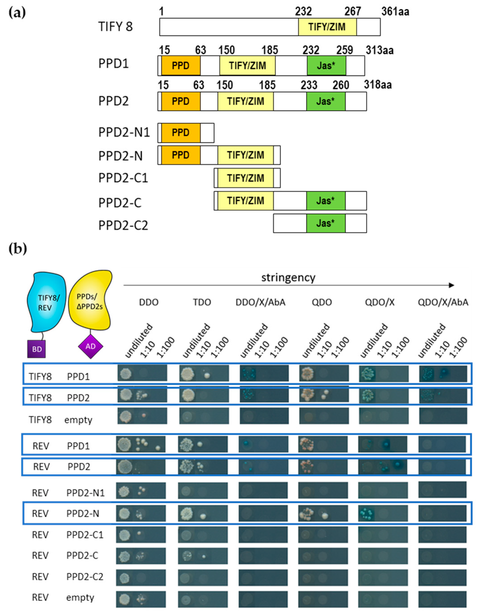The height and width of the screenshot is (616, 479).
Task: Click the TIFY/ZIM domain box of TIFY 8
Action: click(x=327, y=27)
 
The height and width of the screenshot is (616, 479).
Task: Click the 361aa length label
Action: click(x=395, y=12)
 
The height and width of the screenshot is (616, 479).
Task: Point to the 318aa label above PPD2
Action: click(x=378, y=85)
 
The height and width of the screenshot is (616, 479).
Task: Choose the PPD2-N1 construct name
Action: click(x=124, y=132)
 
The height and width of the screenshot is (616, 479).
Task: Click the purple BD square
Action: click(x=37, y=349)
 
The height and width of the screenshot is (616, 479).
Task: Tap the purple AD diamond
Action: click(x=90, y=346)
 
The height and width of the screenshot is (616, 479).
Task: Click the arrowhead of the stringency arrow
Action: click(x=451, y=285)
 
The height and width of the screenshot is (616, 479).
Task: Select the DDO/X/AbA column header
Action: click(x=260, y=302)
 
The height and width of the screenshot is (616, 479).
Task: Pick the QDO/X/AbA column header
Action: click(x=443, y=302)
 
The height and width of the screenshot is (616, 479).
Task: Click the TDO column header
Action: click(x=202, y=302)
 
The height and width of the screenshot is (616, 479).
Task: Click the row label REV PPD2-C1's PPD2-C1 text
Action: click(x=85, y=535)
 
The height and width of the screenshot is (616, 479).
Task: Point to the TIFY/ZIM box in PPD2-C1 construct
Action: click(x=245, y=178)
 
